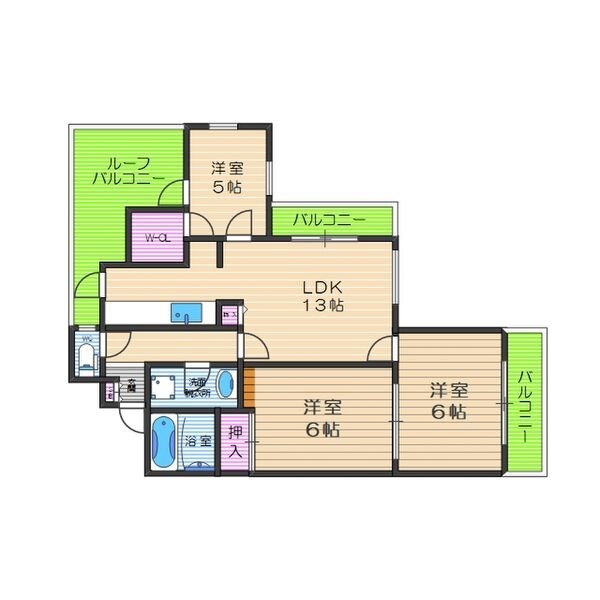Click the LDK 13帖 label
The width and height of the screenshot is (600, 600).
coord(324,296)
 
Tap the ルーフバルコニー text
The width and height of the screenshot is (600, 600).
coord(128,170)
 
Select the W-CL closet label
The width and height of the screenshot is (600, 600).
coord(157,238)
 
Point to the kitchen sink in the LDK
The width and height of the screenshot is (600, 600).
coord(186,313)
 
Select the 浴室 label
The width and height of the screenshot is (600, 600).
coord(199,441)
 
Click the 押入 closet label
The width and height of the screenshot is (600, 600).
coord(234,442)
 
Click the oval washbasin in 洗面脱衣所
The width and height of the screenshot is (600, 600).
coord(226,384)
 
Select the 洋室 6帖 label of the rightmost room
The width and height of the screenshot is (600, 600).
coord(448,400)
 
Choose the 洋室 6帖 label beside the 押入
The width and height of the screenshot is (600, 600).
coord(322,418)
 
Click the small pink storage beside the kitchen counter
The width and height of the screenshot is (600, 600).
coord(229,314)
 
